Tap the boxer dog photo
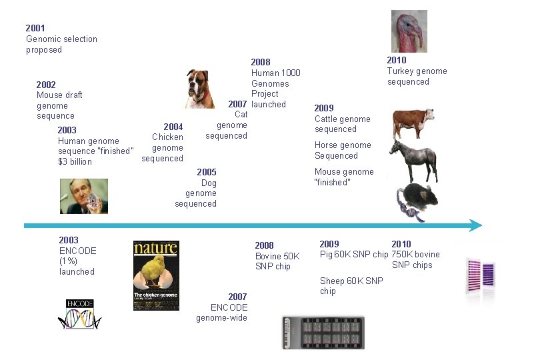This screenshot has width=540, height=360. pyautogui.click(x=200, y=89)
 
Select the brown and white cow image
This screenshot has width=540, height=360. pyautogui.click(x=414, y=123)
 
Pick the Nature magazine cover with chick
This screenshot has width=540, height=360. pyautogui.click(x=156, y=275)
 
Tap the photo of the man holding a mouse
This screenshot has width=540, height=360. pyautogui.click(x=84, y=195)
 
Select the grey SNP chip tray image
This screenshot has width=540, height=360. pyautogui.click(x=324, y=331)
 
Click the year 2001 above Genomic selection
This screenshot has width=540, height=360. pyautogui.click(x=35, y=28)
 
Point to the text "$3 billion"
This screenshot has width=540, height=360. pyautogui.click(x=75, y=161)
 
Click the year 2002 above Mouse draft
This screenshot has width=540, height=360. pyautogui.click(x=46, y=85)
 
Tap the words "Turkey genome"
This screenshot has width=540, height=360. pyautogui.click(x=417, y=71)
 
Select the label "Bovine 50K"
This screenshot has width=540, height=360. pyautogui.click(x=277, y=256)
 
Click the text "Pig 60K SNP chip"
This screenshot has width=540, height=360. pyautogui.click(x=354, y=255)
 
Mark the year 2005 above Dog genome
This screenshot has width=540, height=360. pyautogui.click(x=207, y=172)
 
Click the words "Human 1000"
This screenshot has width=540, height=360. pyautogui.click(x=275, y=73)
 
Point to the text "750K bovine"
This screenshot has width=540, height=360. pyautogui.click(x=415, y=255)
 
